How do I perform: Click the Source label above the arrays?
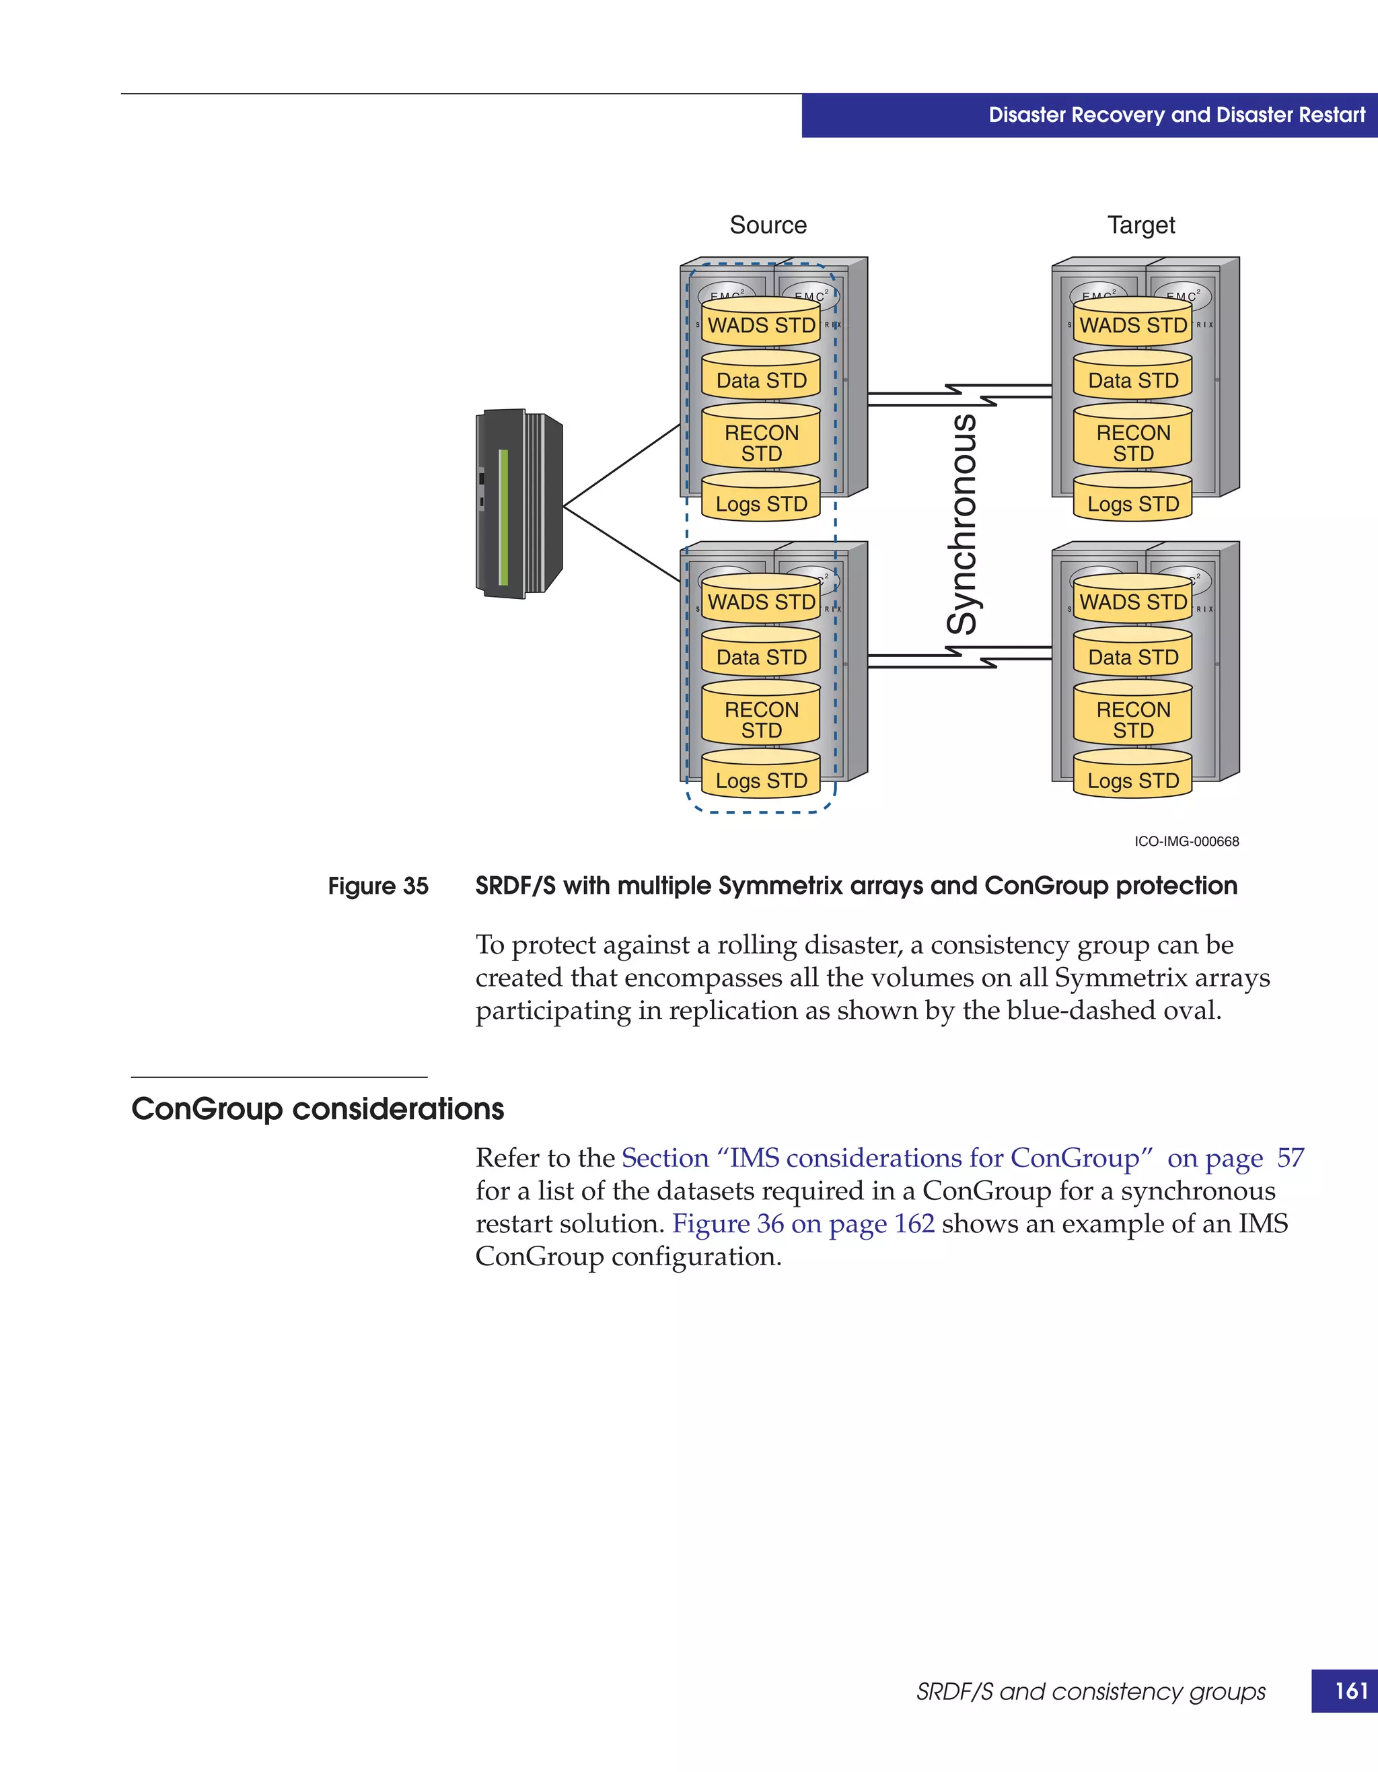pos(768,225)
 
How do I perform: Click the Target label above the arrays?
pos(1140,225)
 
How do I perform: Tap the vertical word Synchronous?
pos(963,524)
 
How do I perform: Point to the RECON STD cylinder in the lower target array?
pos(1133,719)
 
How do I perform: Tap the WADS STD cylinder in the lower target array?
pos(1133,601)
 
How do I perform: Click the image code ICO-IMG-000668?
pos(1187,841)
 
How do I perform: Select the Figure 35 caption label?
pos(378,886)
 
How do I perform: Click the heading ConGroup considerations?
pos(318,1108)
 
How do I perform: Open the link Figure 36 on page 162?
pos(803,1224)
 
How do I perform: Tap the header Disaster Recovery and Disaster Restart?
pos(1177,115)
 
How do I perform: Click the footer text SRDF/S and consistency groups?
pos(1091,1692)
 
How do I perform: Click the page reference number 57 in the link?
pos(1290,1158)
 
